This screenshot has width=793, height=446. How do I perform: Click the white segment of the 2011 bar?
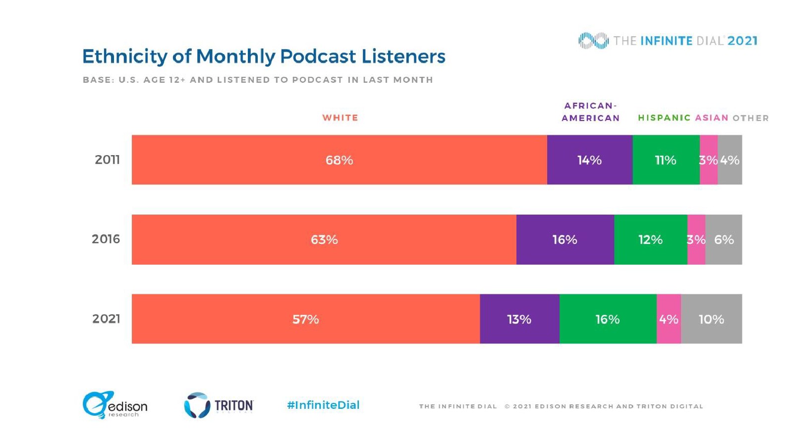click(339, 160)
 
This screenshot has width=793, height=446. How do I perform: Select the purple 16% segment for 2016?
click(565, 239)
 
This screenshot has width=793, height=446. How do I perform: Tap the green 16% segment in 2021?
click(608, 319)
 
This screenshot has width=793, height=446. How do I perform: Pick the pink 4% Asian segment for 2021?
click(669, 319)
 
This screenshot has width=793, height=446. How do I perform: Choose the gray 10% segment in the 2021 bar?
click(711, 319)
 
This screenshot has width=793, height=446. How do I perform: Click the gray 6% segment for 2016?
click(724, 239)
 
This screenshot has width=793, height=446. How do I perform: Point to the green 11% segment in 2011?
click(666, 160)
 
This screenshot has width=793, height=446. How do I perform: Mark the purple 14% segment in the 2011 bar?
click(589, 160)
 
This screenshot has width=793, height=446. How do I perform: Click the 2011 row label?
click(107, 160)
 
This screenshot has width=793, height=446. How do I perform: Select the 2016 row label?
click(106, 239)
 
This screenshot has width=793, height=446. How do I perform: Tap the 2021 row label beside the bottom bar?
click(106, 319)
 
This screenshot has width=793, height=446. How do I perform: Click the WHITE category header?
click(340, 118)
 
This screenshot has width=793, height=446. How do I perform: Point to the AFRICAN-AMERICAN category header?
click(590, 112)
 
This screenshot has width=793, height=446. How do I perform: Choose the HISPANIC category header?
click(664, 118)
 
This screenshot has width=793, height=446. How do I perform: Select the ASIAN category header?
click(712, 118)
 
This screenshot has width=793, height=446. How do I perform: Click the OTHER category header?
click(750, 118)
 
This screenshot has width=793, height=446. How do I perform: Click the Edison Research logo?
click(115, 405)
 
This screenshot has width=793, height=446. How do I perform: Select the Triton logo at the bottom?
click(219, 405)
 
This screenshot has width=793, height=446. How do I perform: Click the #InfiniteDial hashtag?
click(323, 405)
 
